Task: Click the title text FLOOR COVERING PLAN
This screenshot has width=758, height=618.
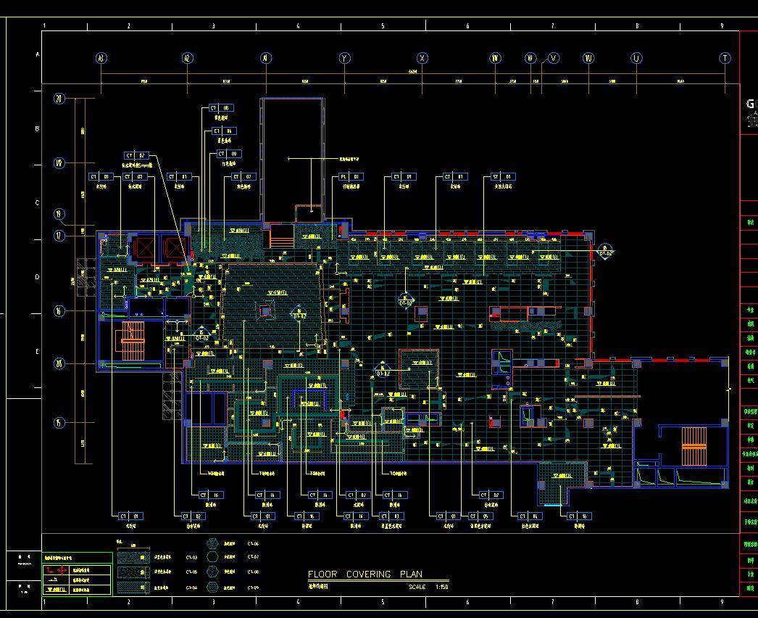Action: click(365, 574)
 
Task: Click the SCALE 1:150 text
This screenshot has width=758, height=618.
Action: click(428, 587)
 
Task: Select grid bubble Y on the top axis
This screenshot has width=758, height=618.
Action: click(344, 58)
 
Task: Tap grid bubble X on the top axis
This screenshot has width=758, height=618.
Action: click(421, 58)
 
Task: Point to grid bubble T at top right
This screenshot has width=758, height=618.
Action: click(725, 58)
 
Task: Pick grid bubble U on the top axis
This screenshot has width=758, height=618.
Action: click(636, 58)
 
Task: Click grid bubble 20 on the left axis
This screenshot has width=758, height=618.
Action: click(60, 99)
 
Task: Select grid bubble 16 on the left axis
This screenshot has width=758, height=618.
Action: click(60, 310)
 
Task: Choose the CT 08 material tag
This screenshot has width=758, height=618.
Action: click(220, 108)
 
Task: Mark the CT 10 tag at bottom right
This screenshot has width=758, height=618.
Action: click(579, 516)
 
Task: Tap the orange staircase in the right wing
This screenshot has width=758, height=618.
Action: click(694, 445)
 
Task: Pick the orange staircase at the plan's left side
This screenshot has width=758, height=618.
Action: click(133, 341)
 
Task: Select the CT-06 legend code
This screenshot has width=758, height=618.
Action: click(253, 543)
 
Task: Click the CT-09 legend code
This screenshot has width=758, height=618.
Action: click(253, 586)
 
